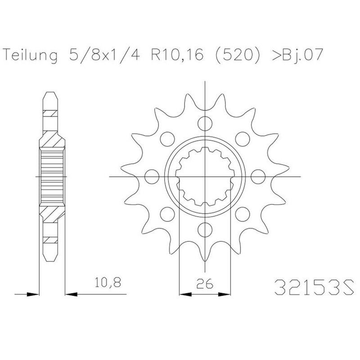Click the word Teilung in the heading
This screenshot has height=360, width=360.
[x=31, y=55]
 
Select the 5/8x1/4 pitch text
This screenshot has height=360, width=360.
[x=104, y=54]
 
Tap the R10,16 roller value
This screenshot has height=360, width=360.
[x=177, y=55]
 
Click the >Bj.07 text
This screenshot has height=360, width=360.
[x=298, y=55]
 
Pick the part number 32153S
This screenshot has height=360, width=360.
[x=314, y=287]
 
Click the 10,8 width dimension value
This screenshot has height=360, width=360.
[x=108, y=283]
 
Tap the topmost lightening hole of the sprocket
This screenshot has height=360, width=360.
[x=205, y=123]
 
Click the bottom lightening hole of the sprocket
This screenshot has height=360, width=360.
[x=205, y=229]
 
